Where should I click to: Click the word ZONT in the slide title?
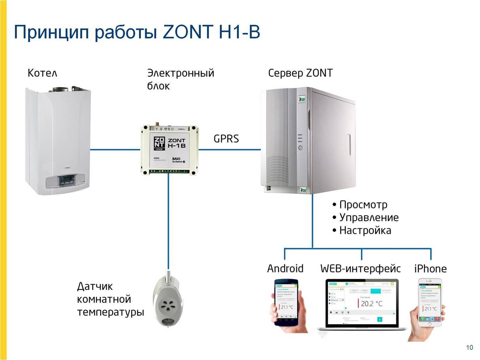(188, 32)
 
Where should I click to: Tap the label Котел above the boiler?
(42, 73)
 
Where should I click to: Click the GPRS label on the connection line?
(226, 139)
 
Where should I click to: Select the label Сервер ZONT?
(300, 73)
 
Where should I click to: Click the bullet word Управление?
(369, 218)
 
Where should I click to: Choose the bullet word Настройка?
(365, 230)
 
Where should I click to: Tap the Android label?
(285, 268)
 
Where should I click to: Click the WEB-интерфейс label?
(360, 268)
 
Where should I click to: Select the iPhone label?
(430, 269)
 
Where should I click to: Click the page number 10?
(469, 348)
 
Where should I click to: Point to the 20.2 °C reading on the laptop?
(371, 303)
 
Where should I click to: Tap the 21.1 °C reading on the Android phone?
(287, 307)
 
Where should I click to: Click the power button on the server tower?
(300, 148)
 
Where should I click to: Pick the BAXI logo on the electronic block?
(176, 159)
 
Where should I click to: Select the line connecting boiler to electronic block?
(115, 149)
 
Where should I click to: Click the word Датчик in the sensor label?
(95, 286)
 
